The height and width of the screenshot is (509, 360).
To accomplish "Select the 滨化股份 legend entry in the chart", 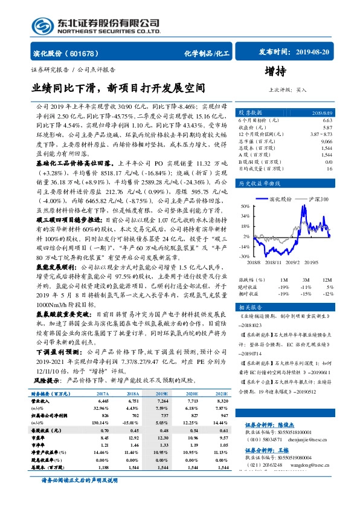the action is click(x=280, y=198).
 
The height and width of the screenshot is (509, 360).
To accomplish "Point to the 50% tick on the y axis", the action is click(x=245, y=205).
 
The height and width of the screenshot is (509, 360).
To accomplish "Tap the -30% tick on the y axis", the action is click(x=244, y=256).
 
